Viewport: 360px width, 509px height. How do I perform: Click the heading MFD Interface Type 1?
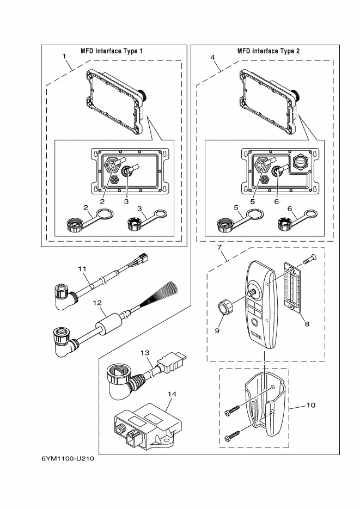pos(112,51)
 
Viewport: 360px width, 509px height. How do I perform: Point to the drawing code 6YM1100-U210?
pos(68,460)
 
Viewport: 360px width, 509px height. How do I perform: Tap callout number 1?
pos(64,56)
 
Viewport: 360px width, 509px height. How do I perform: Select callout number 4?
pos(212,56)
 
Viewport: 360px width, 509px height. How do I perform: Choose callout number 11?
pos(82,269)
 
